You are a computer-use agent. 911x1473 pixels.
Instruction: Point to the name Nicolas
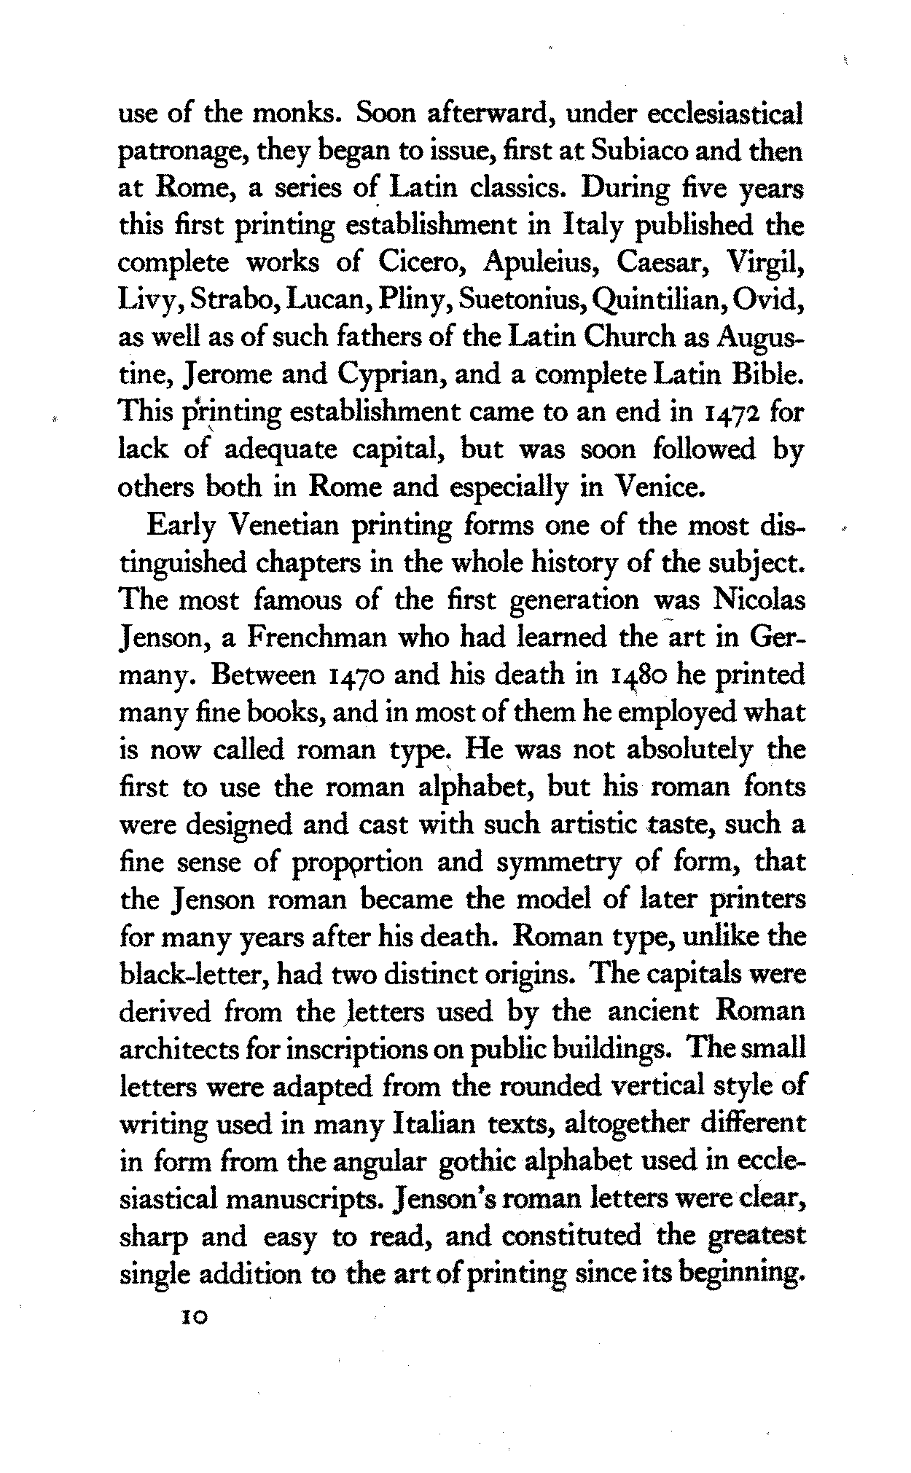tap(757, 600)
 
